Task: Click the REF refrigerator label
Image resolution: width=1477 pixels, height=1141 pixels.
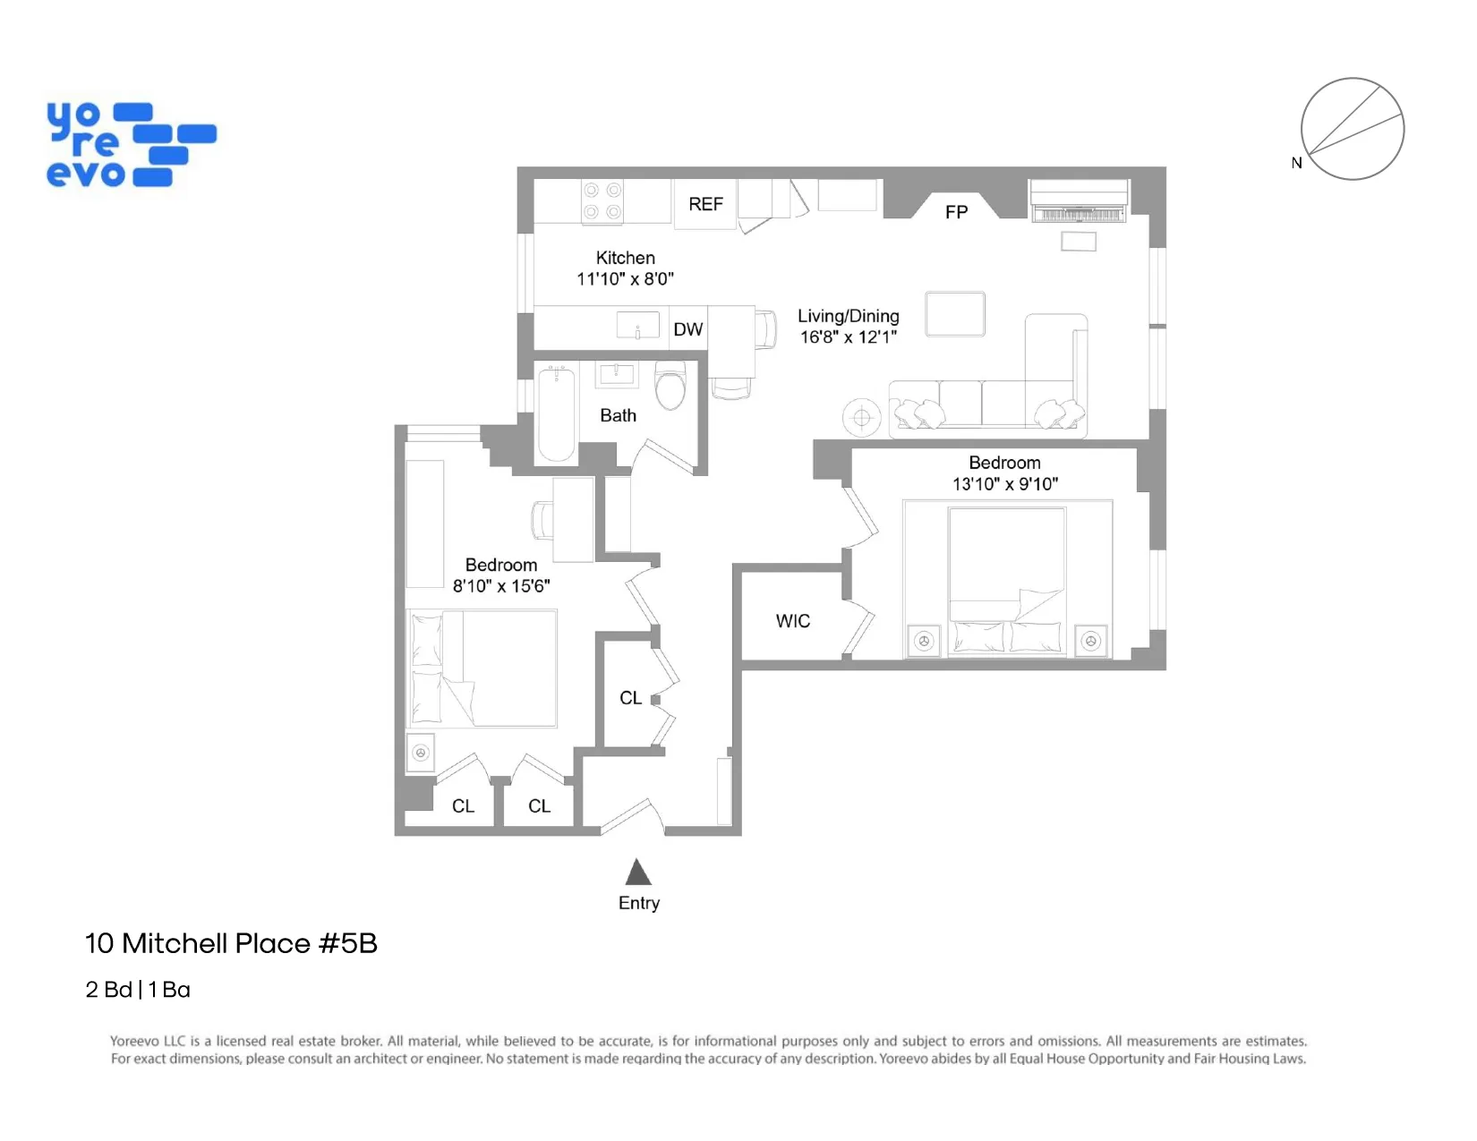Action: tap(705, 204)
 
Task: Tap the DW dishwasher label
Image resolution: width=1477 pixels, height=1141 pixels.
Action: tap(687, 329)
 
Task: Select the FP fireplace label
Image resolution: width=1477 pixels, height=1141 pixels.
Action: tap(956, 212)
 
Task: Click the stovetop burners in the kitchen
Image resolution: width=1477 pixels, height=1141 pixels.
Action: tap(602, 201)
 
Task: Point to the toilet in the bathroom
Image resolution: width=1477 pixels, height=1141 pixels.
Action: tap(670, 387)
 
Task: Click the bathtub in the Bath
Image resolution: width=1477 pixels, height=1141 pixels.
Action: tap(556, 414)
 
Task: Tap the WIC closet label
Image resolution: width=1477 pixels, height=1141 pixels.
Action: tap(792, 621)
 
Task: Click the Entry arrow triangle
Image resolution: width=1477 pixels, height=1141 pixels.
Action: tap(638, 873)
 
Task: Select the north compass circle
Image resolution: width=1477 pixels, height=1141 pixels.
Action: tap(1352, 129)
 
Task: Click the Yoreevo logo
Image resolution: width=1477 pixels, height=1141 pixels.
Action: tap(131, 145)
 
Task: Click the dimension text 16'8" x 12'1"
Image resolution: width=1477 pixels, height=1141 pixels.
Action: tap(848, 337)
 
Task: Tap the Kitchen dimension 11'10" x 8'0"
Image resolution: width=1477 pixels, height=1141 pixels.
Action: tap(625, 279)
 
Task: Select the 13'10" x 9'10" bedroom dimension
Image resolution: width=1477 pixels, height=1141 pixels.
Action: tap(1004, 484)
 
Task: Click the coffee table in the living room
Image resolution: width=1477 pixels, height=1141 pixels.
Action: tap(955, 314)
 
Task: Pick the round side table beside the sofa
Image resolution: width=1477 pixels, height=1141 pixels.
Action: tap(861, 417)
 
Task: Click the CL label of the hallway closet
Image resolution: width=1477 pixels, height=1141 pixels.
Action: tap(630, 698)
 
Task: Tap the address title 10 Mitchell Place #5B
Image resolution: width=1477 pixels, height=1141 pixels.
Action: tap(231, 943)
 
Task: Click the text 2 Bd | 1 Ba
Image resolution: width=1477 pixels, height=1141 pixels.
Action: tap(138, 990)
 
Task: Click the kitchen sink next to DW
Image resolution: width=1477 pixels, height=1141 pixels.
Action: tap(637, 325)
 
